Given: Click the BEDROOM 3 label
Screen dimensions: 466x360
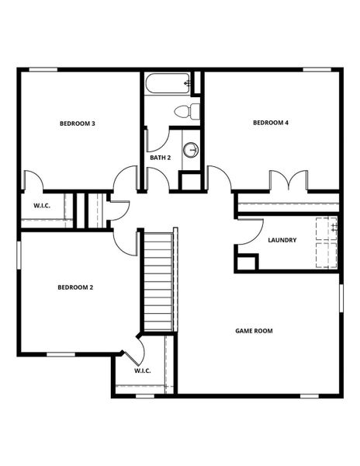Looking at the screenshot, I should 78,123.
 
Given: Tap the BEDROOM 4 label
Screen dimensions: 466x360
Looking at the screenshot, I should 272,123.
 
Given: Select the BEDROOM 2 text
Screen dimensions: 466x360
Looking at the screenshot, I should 75,287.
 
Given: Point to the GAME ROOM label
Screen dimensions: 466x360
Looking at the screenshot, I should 254,331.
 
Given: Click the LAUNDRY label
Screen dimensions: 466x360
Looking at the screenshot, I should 282,240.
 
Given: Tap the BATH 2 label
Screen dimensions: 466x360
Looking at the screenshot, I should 161,158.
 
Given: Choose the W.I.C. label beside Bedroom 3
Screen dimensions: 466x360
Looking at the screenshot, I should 41,206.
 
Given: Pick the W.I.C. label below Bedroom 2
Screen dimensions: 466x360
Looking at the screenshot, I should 142,370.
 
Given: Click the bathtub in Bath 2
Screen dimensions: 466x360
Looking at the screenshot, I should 167,82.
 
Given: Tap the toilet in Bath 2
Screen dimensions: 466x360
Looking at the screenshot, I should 186,111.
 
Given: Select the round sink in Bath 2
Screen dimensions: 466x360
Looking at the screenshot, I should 191,149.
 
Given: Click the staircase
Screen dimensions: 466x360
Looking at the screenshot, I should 158,280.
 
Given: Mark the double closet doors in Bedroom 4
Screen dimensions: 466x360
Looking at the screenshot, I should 288,180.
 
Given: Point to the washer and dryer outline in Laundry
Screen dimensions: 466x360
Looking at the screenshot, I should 326,242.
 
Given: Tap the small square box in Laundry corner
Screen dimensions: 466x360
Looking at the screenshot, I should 246,263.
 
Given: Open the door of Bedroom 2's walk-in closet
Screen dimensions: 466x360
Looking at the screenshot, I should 134,351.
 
